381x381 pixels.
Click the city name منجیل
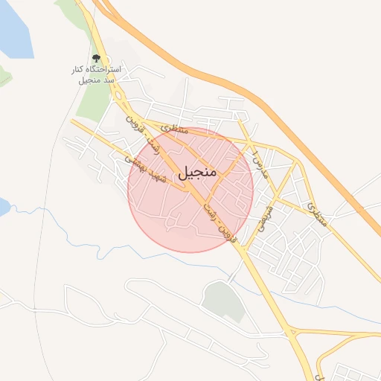point(196,172)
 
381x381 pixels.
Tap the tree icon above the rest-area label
point(96,58)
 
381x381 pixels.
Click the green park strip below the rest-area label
point(93,104)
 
